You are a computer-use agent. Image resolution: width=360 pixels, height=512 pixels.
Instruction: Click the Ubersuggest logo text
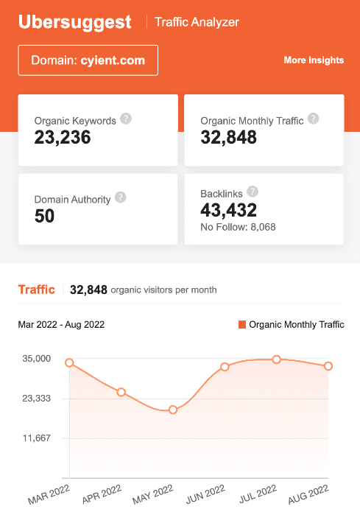(75, 21)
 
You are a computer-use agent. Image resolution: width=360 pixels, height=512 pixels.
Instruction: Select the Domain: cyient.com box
(88, 60)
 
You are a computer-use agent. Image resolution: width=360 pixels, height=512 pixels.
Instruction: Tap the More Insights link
(314, 60)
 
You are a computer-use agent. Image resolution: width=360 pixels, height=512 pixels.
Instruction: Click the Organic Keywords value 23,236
(63, 136)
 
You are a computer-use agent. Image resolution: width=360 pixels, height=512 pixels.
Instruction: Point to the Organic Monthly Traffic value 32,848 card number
(228, 137)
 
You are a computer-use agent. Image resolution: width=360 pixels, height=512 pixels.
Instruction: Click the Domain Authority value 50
(44, 216)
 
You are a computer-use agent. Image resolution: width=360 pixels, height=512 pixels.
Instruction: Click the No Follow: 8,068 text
(238, 227)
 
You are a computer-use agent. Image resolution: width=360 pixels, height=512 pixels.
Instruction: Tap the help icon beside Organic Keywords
(126, 119)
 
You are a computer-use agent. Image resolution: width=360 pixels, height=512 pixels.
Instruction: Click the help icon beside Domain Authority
(121, 197)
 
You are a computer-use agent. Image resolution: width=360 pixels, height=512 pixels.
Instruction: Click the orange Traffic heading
(36, 290)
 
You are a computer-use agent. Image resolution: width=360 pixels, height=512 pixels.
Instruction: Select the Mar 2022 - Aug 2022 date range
(61, 324)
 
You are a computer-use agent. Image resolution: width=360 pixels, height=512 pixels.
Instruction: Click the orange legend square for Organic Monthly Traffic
(241, 324)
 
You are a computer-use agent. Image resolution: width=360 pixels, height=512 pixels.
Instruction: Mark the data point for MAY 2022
(173, 410)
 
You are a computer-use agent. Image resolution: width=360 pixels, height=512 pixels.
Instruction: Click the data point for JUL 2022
(277, 360)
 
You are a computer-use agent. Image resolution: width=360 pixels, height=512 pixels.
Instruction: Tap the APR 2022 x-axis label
(102, 492)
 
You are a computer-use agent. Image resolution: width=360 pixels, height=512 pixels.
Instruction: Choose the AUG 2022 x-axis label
(309, 492)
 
